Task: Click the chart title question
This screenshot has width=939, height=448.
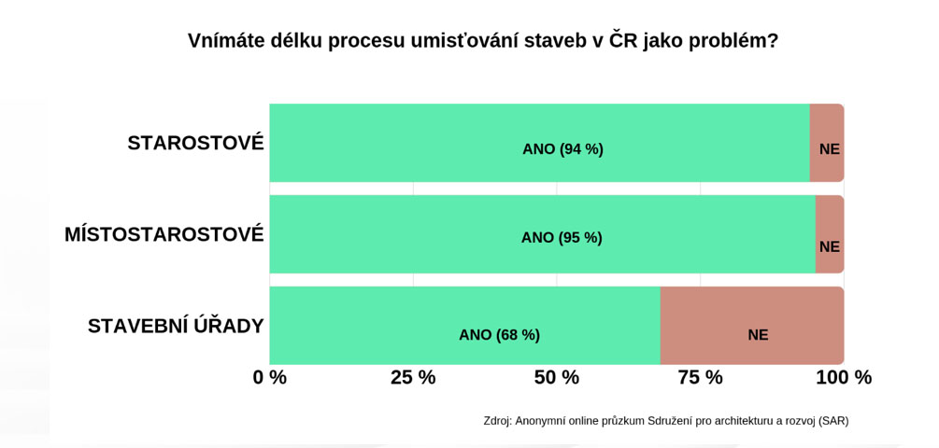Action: [x=482, y=41]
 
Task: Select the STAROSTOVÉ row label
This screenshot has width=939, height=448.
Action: [x=195, y=143]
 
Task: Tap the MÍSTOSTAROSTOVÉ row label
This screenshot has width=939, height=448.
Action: [x=164, y=234]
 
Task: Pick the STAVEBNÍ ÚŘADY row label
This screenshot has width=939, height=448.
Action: [x=176, y=326]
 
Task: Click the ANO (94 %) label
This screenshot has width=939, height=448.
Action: [x=562, y=149]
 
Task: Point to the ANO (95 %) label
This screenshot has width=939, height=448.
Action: [x=562, y=238]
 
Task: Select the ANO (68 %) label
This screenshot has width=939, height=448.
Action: [x=499, y=335]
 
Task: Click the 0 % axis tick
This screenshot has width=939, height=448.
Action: [x=270, y=378]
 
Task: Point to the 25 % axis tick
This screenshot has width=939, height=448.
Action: [x=413, y=378]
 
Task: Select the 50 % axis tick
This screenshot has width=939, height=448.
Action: [x=557, y=378]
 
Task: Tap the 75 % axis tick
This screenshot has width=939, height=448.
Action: [x=701, y=378]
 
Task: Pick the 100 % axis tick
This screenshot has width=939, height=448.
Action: [x=844, y=378]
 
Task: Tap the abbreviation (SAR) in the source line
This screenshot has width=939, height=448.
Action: [x=833, y=421]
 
